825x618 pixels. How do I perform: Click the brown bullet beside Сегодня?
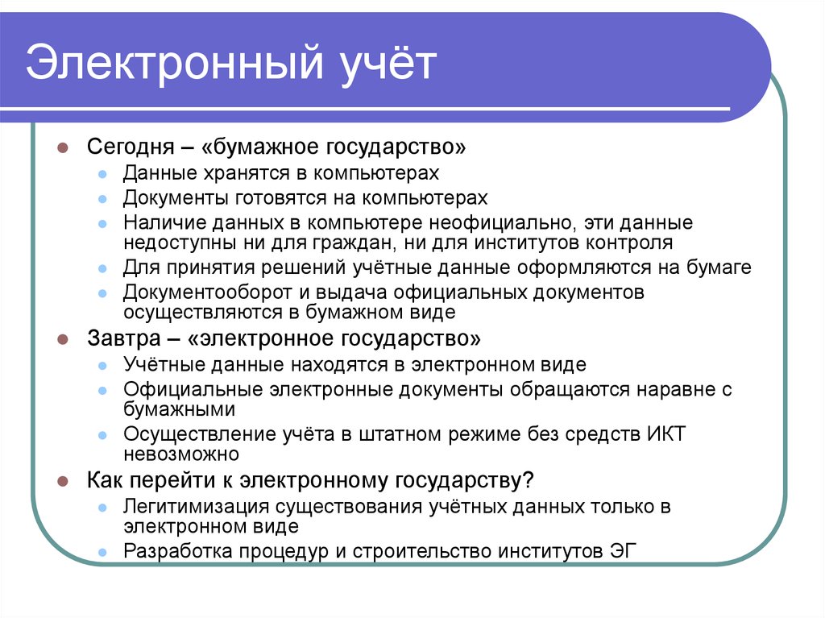click(62, 149)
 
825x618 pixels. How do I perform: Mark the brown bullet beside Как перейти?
click(62, 481)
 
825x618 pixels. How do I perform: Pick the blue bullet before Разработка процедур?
click(102, 552)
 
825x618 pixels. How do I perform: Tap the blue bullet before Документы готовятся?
click(102, 198)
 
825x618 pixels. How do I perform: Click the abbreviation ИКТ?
click(665, 433)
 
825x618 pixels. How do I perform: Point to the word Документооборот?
click(195, 292)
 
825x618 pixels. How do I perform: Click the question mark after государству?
click(528, 480)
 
